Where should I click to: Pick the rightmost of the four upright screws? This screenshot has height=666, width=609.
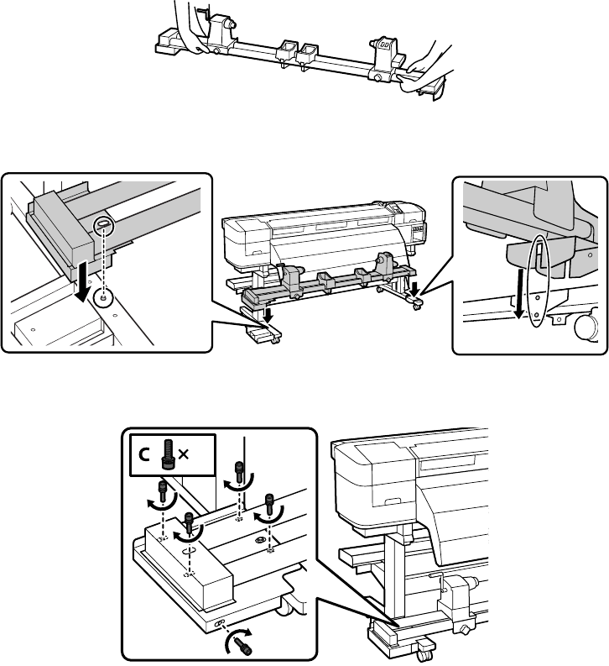click(x=270, y=503)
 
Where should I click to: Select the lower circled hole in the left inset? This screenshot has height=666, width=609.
click(x=101, y=296)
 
